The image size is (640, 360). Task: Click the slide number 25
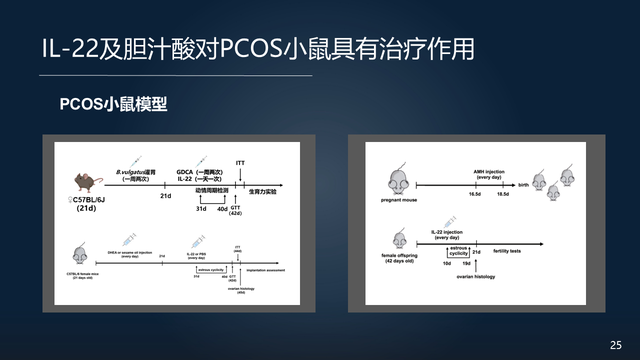(615, 344)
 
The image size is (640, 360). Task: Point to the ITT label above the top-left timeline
(240, 162)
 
